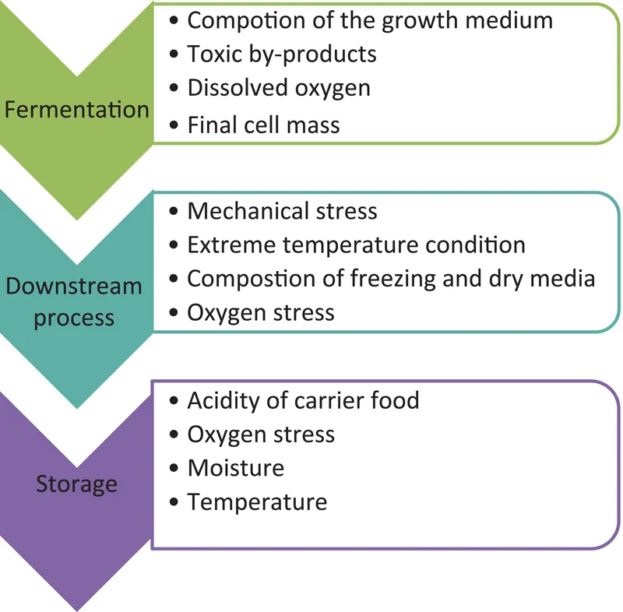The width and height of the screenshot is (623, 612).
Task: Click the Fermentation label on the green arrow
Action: pos(76,109)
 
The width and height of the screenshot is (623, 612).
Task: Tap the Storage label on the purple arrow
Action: pos(76,484)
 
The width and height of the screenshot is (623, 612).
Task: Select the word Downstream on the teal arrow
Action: pos(74,286)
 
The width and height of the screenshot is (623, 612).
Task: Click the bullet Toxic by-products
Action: pos(282,54)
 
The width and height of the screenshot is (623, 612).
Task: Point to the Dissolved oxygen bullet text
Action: pos(279,87)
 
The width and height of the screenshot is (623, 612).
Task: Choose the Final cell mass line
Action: pos(263,125)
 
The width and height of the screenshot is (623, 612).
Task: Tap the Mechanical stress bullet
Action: pos(282,211)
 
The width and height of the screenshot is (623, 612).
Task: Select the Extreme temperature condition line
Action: pos(356,244)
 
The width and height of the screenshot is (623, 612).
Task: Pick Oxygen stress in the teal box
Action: pos(261,312)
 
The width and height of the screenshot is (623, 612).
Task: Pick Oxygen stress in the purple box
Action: pos(261,434)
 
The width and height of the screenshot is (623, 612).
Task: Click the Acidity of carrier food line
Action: pos(303,400)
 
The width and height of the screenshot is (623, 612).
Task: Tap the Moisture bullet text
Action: pos(235,467)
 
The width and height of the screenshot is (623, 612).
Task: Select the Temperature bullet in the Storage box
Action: pos(257,501)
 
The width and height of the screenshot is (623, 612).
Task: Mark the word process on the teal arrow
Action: pos(74,318)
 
